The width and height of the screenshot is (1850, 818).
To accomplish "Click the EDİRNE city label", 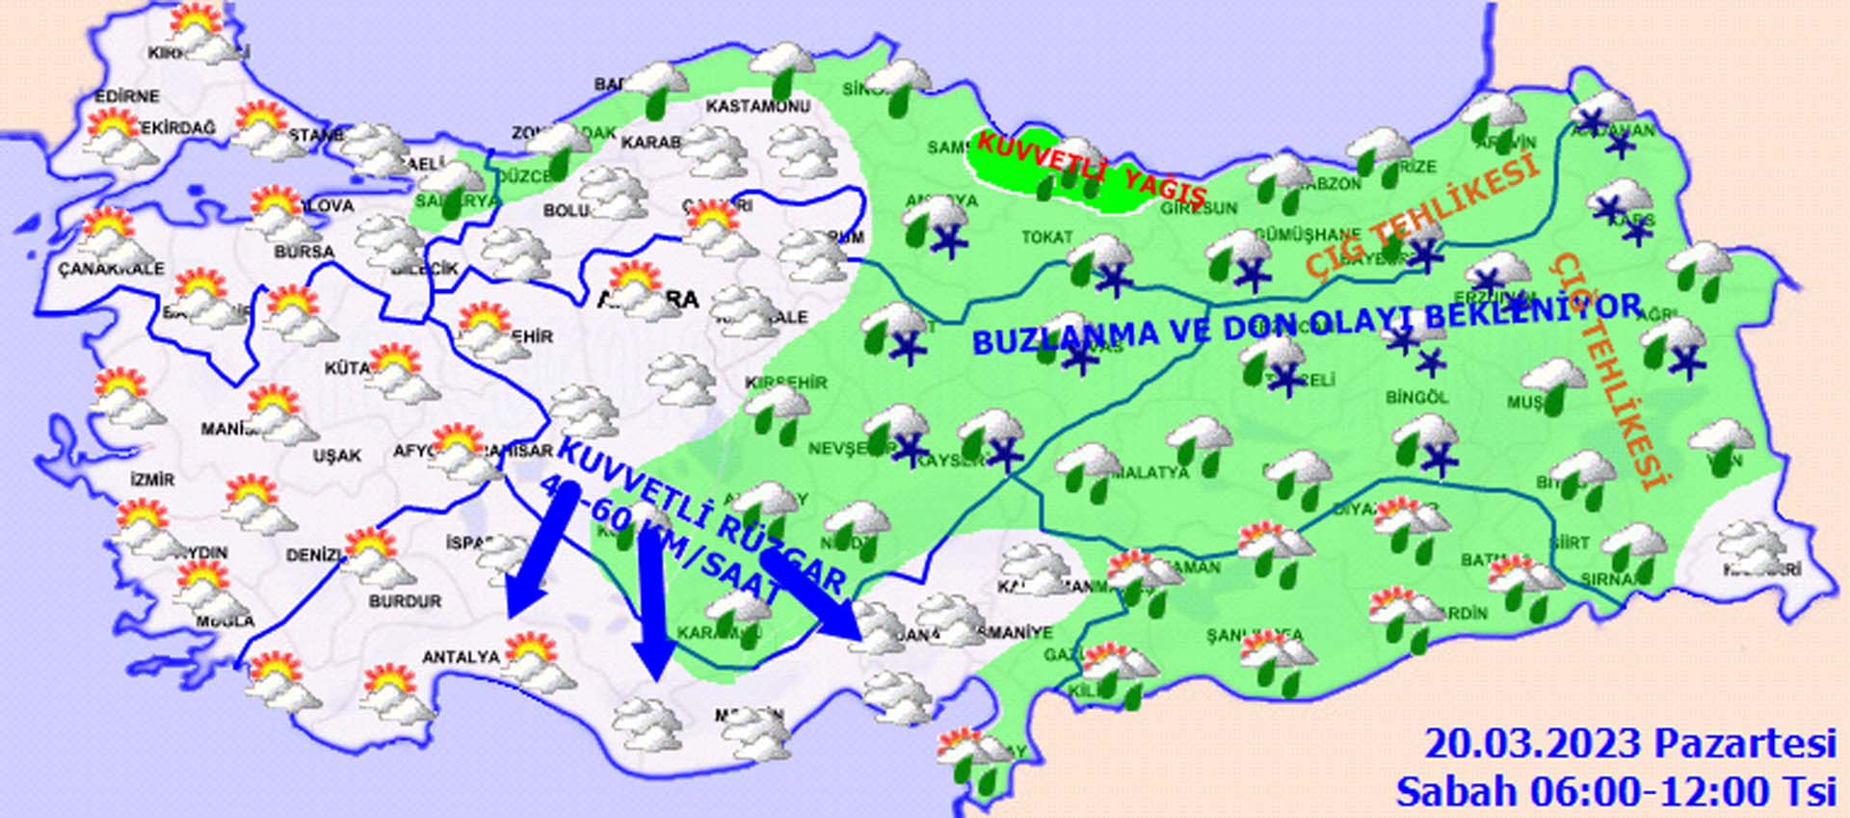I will click(x=127, y=97).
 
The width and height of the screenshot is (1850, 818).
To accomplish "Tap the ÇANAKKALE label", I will click(x=111, y=269).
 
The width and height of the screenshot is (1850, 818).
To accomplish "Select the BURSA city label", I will click(x=304, y=252).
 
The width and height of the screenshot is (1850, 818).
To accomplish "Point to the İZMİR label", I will click(x=152, y=479).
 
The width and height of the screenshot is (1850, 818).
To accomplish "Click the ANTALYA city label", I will click(x=462, y=657).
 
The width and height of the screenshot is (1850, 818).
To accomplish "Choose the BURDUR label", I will click(x=405, y=601).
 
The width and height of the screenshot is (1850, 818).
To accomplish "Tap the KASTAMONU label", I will click(x=757, y=105).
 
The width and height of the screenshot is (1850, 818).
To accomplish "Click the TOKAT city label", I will click(x=1046, y=237).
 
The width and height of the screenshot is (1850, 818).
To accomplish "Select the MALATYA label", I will click(x=1150, y=473).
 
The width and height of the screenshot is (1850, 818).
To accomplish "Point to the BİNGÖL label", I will click(x=1416, y=397).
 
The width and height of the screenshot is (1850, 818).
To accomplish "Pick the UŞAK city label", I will click(x=337, y=455).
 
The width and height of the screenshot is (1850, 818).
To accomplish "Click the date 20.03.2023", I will click(x=1533, y=744).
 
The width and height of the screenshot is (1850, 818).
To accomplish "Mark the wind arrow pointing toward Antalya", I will click(x=532, y=559).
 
